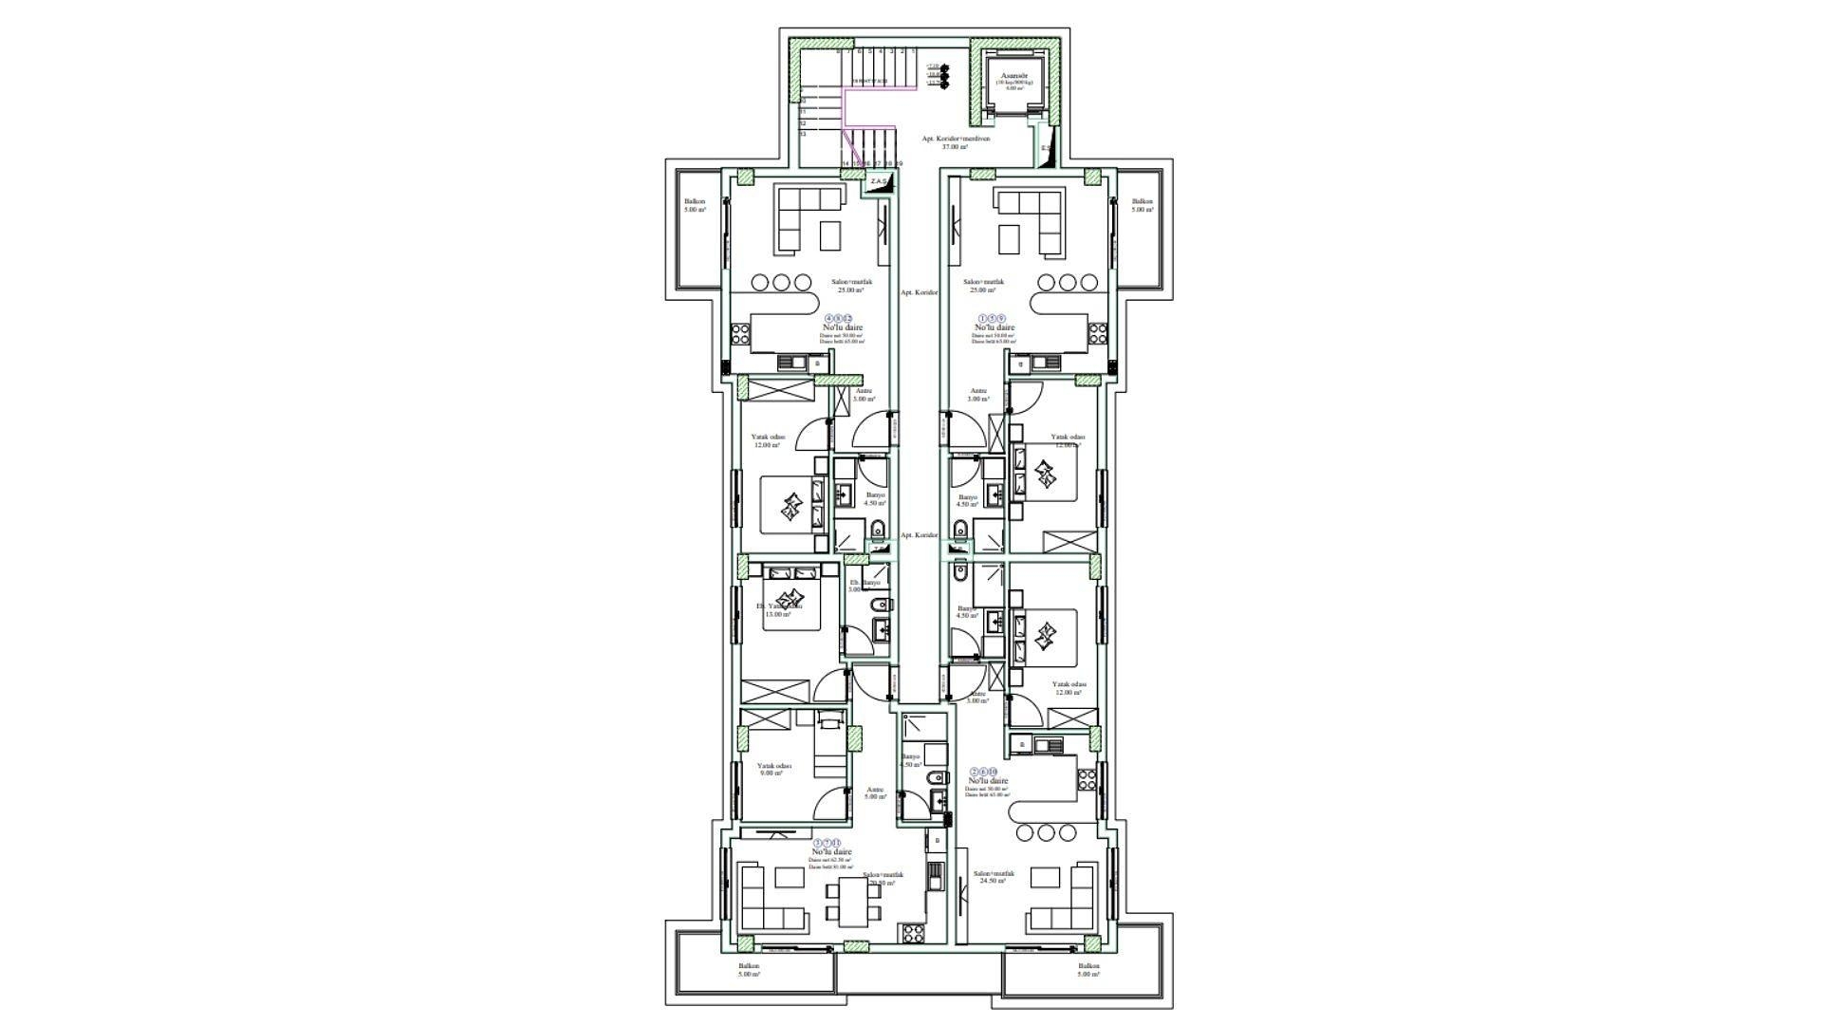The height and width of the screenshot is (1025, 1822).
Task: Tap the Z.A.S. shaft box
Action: click(x=878, y=181)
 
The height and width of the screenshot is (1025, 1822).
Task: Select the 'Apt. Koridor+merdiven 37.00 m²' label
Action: click(x=956, y=142)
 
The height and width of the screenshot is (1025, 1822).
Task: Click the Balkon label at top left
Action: click(x=695, y=205)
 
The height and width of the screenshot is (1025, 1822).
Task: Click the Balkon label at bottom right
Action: click(x=1088, y=969)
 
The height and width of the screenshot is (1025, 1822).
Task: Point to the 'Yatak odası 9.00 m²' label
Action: click(x=772, y=769)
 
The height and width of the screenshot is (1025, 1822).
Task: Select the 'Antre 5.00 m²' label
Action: click(x=876, y=792)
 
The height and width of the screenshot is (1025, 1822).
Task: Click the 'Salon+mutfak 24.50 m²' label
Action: click(x=994, y=877)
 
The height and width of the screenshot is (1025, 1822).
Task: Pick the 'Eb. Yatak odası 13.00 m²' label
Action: click(x=778, y=609)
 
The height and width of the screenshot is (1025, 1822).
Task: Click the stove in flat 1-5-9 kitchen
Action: click(x=1097, y=333)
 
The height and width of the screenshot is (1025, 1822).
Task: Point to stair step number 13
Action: click(x=804, y=135)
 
